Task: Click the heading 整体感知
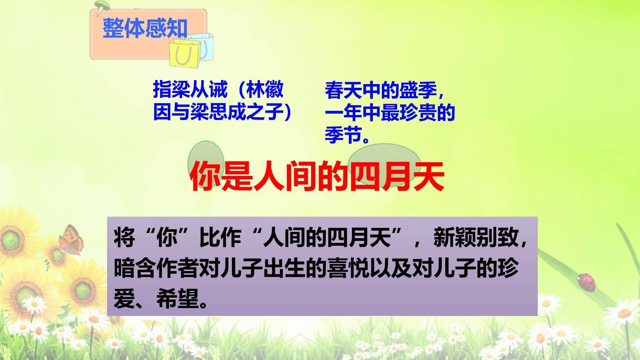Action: tap(145, 28)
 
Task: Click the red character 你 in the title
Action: tap(206, 176)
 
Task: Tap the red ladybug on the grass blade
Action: tap(587, 281)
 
